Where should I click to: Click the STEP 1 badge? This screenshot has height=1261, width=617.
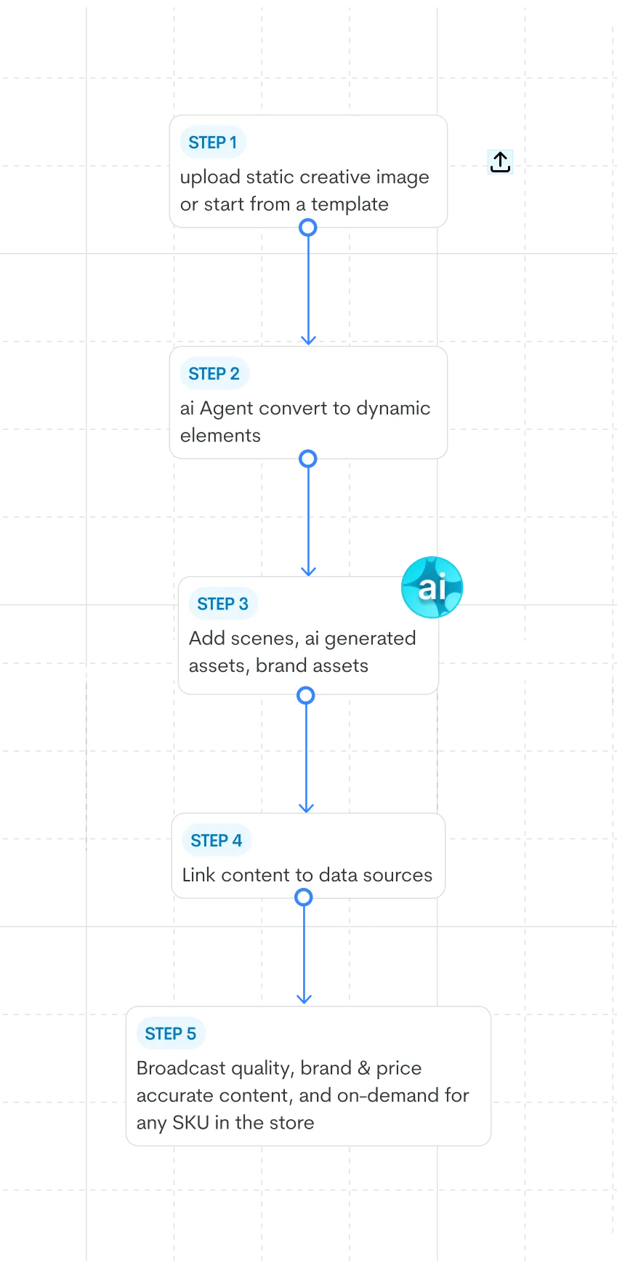213,143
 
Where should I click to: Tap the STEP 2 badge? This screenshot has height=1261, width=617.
214,374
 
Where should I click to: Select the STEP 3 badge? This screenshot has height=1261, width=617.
222,604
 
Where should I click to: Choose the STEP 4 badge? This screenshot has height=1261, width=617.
216,841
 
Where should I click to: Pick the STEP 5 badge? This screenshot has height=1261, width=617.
170,1034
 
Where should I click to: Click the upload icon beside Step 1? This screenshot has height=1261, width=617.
500,161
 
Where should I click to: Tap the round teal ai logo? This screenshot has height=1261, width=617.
432,586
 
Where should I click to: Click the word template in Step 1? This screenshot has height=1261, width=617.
350,204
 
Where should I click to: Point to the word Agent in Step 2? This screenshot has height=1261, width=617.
226,409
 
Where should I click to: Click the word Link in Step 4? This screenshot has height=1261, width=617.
198,875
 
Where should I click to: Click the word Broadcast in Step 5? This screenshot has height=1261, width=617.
181,1068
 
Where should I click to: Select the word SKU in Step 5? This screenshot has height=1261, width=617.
190,1123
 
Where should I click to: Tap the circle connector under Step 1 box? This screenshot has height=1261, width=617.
308,228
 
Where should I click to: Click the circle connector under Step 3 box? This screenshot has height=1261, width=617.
306,696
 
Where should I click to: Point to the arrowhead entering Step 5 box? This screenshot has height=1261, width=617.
305,1000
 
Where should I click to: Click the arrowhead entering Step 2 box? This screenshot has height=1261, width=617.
308,339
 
